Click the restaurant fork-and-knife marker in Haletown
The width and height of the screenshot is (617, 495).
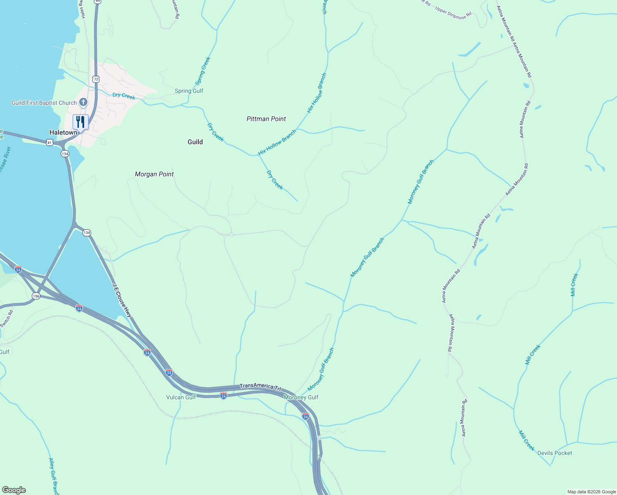coord(80,122)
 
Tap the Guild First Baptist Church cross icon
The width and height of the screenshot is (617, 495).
coord(83,102)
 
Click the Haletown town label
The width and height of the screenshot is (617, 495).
coord(63,132)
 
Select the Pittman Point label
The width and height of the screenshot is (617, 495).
coord(266,119)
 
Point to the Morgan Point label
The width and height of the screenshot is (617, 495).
coord(154,174)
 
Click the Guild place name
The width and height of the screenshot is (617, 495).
coord(195,142)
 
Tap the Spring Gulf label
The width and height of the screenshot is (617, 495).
coord(189,91)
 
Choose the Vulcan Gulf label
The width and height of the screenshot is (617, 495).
coord(181,397)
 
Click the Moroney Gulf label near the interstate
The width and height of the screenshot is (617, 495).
coord(301,397)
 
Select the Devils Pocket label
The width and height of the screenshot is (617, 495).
coord(555,453)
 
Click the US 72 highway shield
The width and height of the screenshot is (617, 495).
coord(96,79)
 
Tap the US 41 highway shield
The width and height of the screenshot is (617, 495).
coord(49,142)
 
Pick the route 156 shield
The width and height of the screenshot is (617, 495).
coord(36,296)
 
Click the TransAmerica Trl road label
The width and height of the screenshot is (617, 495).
coord(260,387)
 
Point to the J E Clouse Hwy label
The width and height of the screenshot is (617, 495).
coord(122,300)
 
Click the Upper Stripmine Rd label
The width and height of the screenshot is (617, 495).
coord(453,12)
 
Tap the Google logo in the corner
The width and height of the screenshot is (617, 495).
coord(14,490)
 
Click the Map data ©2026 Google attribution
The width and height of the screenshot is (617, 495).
coord(591,492)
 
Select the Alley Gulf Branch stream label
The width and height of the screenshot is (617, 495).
coord(54,476)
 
